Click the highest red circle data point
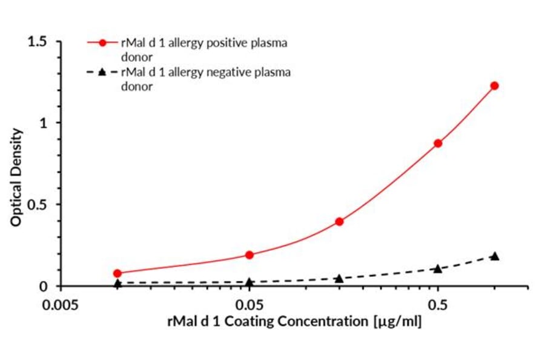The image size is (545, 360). [x=494, y=86]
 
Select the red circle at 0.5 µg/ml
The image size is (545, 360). [x=438, y=143]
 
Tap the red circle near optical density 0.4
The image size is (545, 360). [x=339, y=221]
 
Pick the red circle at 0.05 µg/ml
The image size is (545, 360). [x=249, y=255]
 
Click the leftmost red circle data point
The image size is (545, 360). [x=117, y=273]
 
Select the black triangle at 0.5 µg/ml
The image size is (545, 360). [x=438, y=268]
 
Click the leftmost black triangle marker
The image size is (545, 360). [x=117, y=283]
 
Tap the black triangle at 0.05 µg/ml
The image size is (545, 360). [x=249, y=282]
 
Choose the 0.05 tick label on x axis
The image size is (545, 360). [x=249, y=303]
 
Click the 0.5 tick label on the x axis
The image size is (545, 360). [x=438, y=303]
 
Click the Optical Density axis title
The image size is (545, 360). [x=16, y=177]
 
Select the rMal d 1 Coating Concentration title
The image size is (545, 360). [x=294, y=321]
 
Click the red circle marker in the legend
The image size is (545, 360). [x=102, y=43]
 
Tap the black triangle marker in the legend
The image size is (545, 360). [x=102, y=73]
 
